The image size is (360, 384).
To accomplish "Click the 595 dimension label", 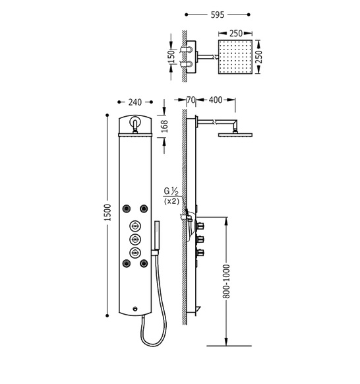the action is pyautogui.click(x=218, y=15).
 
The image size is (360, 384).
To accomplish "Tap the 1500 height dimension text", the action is pyautogui.click(x=107, y=212).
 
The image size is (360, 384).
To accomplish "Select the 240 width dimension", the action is pyautogui.click(x=135, y=102).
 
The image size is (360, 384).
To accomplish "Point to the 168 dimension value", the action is pyautogui.click(x=164, y=126).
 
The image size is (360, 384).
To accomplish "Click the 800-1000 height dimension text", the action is pyautogui.click(x=227, y=281).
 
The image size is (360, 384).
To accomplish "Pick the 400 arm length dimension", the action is pyautogui.click(x=216, y=100).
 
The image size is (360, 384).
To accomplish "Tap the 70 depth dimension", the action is pyautogui.click(x=191, y=100).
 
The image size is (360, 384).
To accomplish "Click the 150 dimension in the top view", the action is pyautogui.click(x=172, y=57).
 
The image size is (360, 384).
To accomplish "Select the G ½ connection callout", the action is pyautogui.click(x=171, y=191).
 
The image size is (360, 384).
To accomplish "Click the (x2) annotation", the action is pyautogui.click(x=171, y=201).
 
